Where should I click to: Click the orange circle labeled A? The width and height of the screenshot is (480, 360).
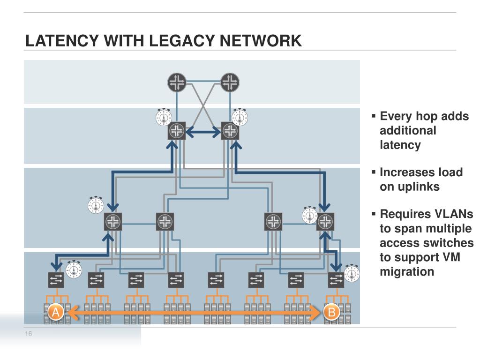55,312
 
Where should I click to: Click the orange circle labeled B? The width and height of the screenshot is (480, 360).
331,312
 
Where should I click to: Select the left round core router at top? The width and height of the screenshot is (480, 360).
177,82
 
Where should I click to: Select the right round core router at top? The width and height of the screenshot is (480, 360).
230,82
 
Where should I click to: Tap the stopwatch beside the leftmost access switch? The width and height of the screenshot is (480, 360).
74,270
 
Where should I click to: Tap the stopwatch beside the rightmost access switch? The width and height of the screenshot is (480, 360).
352,273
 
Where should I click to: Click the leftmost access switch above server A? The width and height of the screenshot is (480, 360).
56,280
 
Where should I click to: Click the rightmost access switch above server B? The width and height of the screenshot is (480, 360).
336,280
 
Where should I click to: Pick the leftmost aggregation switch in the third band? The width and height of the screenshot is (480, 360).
113,222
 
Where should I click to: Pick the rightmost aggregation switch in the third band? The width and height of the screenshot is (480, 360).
325,222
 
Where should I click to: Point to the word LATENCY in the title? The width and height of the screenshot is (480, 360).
62,41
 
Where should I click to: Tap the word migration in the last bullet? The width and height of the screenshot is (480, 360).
407,272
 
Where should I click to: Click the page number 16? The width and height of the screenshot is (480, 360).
29,334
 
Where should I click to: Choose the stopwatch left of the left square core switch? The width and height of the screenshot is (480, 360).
164,117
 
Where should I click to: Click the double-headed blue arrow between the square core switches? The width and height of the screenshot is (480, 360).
203,132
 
